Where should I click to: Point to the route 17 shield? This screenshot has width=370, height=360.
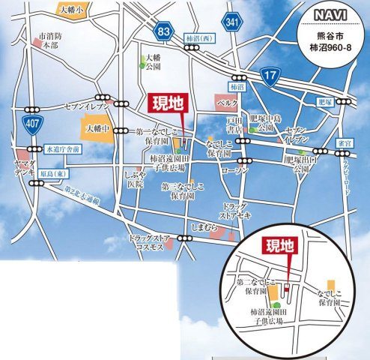[x=270, y=73]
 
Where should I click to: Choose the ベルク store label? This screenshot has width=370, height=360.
[x=227, y=100]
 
